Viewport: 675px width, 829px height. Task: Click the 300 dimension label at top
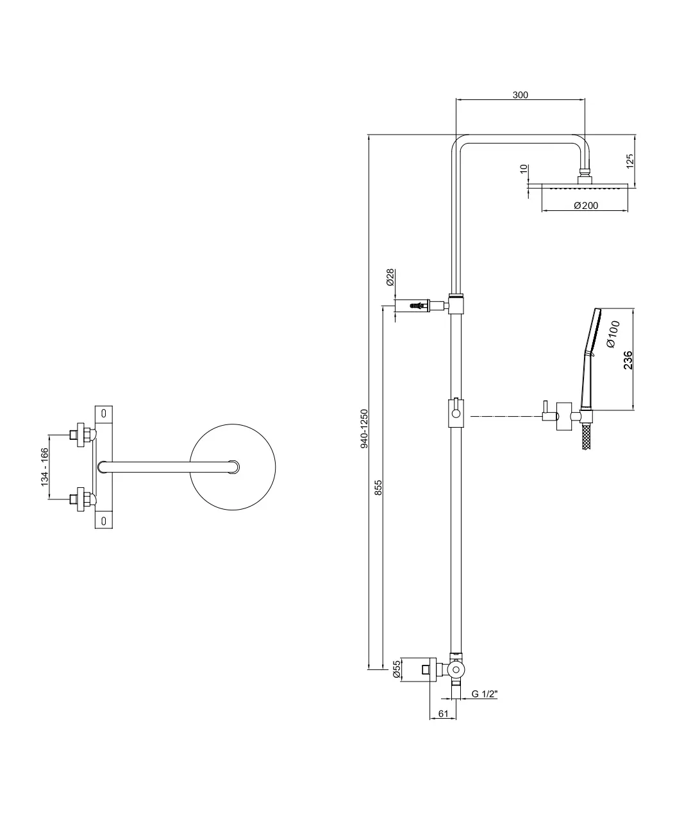click(x=520, y=95)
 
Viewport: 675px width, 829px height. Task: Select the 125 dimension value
click(x=630, y=161)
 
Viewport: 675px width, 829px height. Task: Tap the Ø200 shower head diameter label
click(x=586, y=205)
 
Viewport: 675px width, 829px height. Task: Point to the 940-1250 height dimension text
click(x=364, y=428)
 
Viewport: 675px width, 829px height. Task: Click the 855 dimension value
click(x=378, y=488)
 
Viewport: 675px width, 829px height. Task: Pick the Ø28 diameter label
click(x=390, y=278)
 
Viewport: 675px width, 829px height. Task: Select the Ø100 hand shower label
click(x=613, y=334)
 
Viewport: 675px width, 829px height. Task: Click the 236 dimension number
click(x=628, y=360)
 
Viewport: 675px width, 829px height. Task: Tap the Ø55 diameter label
click(x=396, y=669)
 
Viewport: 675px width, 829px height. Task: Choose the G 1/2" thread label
click(x=485, y=694)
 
